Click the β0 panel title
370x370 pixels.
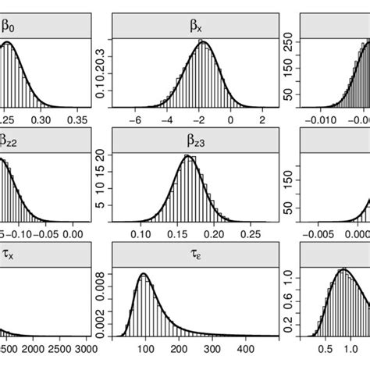click(8, 26)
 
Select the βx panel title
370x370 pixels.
click(195, 26)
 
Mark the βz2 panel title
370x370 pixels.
click(9, 140)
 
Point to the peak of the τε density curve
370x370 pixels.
click(144, 274)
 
